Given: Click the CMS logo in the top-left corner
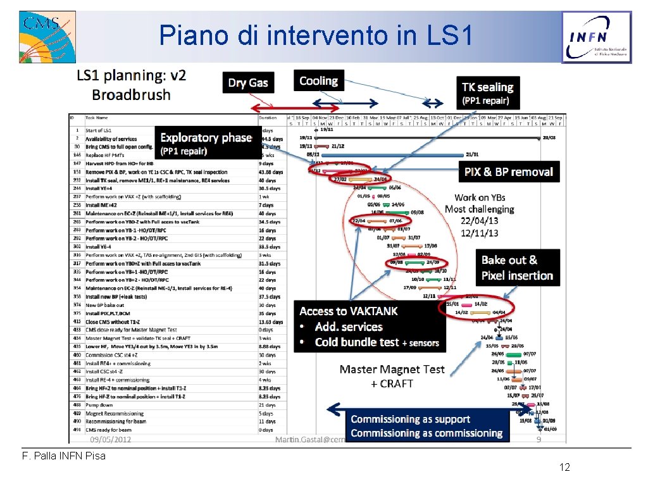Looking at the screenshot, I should pyautogui.click(x=47, y=37).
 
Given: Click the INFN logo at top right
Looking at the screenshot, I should pyautogui.click(x=596, y=37).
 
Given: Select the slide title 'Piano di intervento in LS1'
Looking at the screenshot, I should pyautogui.click(x=316, y=35).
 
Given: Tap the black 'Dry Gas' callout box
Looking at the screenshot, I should pyautogui.click(x=248, y=82).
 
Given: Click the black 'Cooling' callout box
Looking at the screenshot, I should pyautogui.click(x=318, y=81).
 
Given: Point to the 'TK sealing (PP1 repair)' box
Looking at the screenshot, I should pyautogui.click(x=487, y=93).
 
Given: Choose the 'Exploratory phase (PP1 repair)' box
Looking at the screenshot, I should pyautogui.click(x=206, y=144).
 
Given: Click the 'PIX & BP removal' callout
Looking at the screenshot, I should pyautogui.click(x=508, y=171).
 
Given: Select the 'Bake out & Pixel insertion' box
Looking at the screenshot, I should pyautogui.click(x=517, y=268).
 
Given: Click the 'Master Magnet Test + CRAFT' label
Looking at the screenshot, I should pyautogui.click(x=392, y=376).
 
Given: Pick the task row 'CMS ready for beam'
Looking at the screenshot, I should pyautogui.click(x=108, y=430).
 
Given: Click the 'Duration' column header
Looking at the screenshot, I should pyautogui.click(x=268, y=117).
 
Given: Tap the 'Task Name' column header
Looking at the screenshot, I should pyautogui.click(x=97, y=117).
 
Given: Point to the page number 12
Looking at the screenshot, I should pyautogui.click(x=564, y=467).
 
